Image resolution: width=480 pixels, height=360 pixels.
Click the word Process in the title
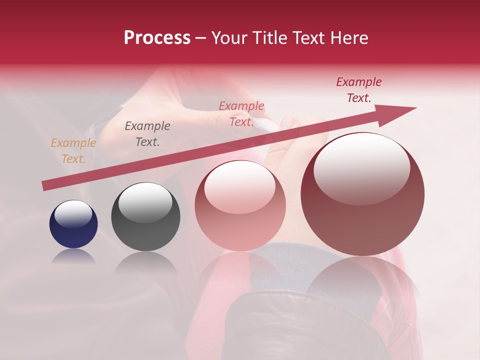coord(157,38)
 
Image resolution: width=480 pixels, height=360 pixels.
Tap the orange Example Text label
coord(73,151)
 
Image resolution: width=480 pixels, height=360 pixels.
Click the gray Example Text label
coord(147,134)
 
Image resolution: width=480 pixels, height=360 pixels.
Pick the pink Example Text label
coord(241,114)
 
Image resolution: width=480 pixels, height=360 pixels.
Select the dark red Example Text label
coord(359,90)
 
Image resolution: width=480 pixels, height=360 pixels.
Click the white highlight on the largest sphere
coord(361,169)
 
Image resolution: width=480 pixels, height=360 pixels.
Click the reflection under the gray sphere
coord(145,262)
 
